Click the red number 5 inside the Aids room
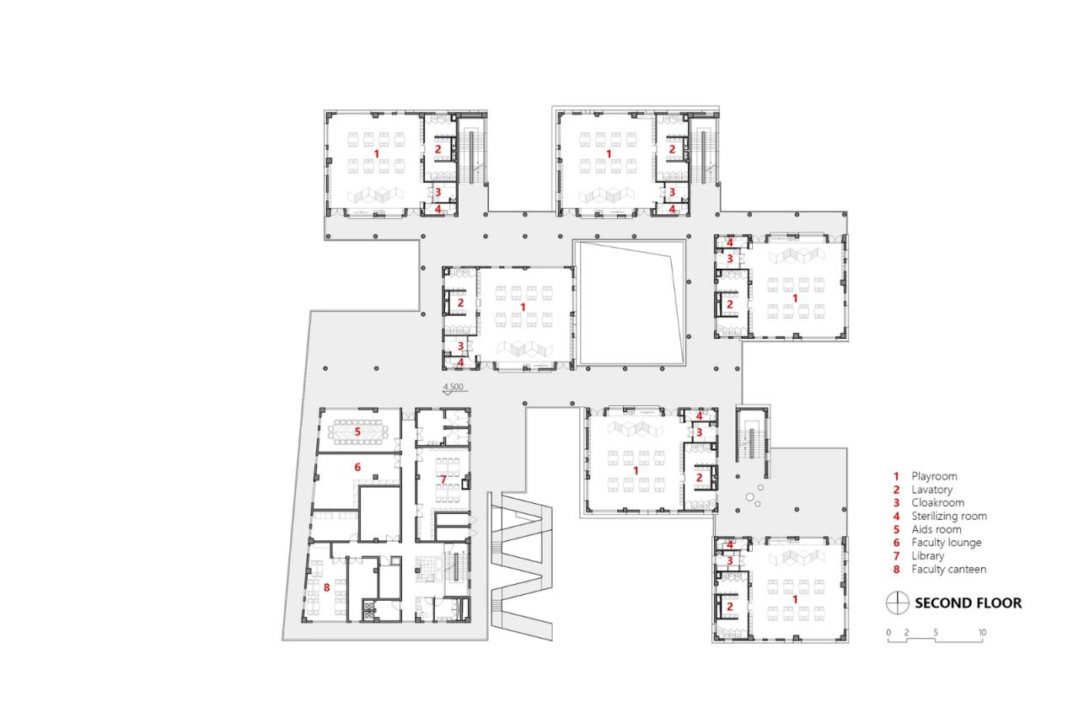coord(357,431)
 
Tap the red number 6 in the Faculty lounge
coord(357,467)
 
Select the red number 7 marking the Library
coord(443,480)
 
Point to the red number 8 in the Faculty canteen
coord(327,587)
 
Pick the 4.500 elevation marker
coord(454,388)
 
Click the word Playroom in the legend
coord(934,476)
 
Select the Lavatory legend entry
coord(932,490)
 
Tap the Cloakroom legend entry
coord(936,503)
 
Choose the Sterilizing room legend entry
coord(948,516)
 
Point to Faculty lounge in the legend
coord(946,543)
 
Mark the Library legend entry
coord(927,556)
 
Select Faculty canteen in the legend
coord(948,570)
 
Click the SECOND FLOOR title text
coord(968,603)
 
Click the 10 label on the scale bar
coord(982,632)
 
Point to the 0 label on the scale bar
coord(888,632)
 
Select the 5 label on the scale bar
coord(936,632)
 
